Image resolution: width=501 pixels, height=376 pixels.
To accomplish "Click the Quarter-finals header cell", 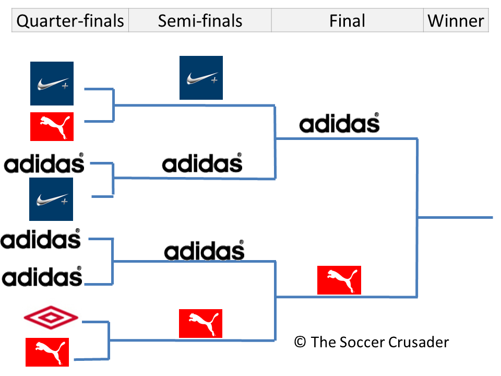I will [70, 21].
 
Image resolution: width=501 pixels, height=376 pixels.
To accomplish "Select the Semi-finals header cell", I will [200, 21].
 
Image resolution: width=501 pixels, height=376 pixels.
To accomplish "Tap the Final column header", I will [347, 21].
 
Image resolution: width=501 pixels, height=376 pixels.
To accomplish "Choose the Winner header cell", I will [456, 21].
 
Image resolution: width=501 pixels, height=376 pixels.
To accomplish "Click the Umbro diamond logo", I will [51, 318].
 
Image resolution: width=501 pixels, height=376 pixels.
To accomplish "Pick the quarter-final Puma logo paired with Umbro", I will [47, 351].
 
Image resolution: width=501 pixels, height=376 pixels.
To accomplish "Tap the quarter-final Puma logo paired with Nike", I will [52, 126].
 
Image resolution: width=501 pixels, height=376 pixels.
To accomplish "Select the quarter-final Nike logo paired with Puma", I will [52, 84].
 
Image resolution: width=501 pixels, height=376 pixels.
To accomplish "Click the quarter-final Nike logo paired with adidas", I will [51, 199].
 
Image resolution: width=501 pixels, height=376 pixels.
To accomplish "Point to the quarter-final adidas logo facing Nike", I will [44, 163].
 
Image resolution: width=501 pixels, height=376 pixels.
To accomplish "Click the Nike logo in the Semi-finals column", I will [201, 78].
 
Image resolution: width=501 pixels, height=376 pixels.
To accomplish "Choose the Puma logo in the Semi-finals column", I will [200, 323].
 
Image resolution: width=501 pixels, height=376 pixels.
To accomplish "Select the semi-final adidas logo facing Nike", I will [202, 163].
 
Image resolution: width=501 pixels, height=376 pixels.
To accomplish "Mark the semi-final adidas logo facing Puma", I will [204, 251].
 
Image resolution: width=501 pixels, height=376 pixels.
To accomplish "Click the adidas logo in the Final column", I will [339, 123].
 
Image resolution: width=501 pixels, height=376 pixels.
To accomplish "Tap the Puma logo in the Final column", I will [339, 280].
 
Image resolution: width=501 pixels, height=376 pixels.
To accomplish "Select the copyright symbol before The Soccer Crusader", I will [300, 342].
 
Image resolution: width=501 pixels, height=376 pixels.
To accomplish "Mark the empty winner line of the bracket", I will [455, 217].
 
